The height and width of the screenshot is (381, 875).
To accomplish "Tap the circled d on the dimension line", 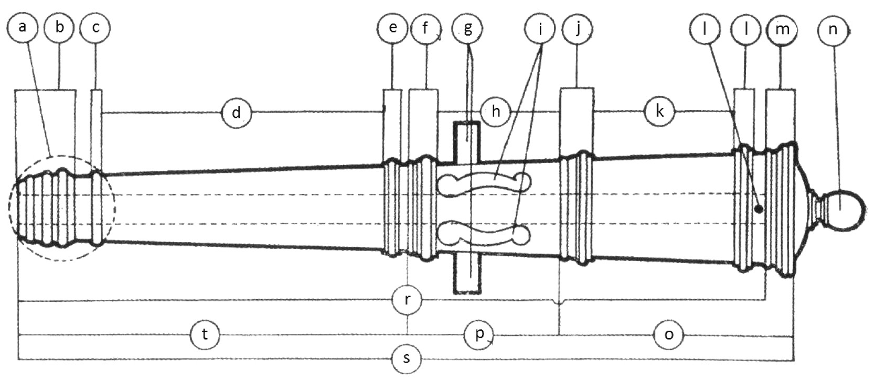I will click(237, 112).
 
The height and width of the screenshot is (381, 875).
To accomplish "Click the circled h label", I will click(496, 111).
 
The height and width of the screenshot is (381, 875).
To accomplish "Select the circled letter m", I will click(782, 29).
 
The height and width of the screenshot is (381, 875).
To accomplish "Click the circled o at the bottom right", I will click(669, 334).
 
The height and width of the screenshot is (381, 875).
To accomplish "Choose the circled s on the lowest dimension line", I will click(407, 359).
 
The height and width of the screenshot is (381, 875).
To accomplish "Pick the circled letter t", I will click(205, 334).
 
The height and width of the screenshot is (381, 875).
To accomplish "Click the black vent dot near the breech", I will click(759, 209).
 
